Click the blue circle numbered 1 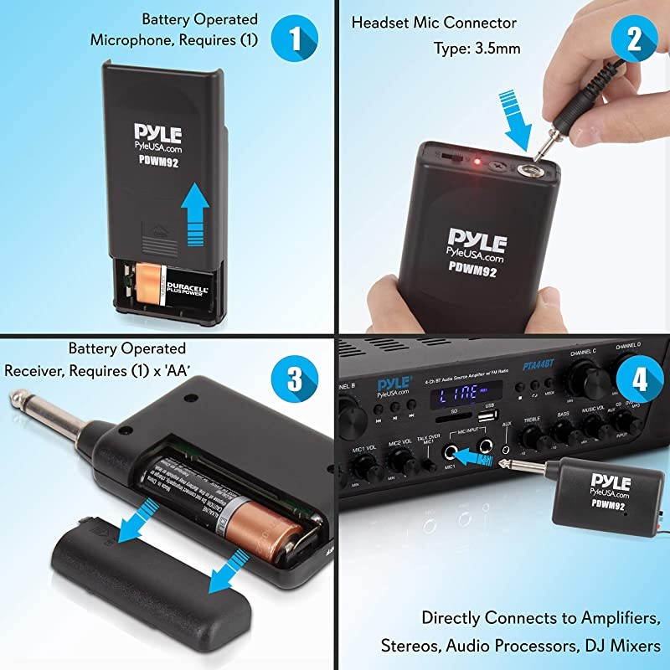tap(295, 39)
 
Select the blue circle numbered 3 tap(295, 377)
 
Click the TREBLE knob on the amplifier tap(531, 436)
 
